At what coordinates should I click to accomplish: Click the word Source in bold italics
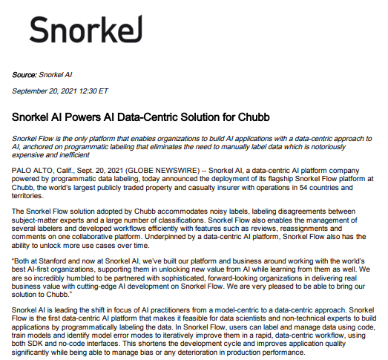(25, 74)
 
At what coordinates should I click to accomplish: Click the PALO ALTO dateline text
(32, 171)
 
